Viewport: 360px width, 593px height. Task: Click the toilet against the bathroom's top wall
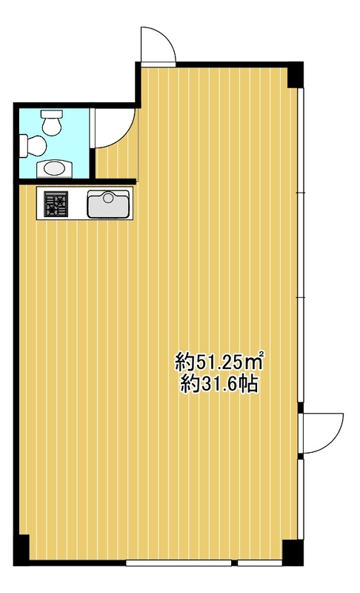(x=51, y=122)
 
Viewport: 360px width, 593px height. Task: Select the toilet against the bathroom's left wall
(x=33, y=145)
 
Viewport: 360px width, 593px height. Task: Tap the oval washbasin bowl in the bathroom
(x=54, y=168)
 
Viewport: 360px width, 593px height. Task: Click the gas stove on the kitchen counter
(x=56, y=204)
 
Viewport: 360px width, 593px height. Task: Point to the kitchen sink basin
(x=108, y=204)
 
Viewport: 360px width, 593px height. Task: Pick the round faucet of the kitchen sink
(x=108, y=197)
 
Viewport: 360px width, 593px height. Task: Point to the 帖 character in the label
(x=250, y=385)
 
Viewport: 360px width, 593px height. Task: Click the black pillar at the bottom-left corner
(x=21, y=550)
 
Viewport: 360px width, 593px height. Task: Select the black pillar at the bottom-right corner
(x=293, y=552)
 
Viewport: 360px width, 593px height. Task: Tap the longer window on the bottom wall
(x=179, y=563)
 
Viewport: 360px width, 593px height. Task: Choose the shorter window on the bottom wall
(x=260, y=563)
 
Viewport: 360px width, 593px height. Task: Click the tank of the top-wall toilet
(x=51, y=114)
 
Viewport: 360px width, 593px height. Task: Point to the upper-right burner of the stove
(x=62, y=197)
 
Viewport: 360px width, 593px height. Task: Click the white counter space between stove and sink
(x=78, y=204)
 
